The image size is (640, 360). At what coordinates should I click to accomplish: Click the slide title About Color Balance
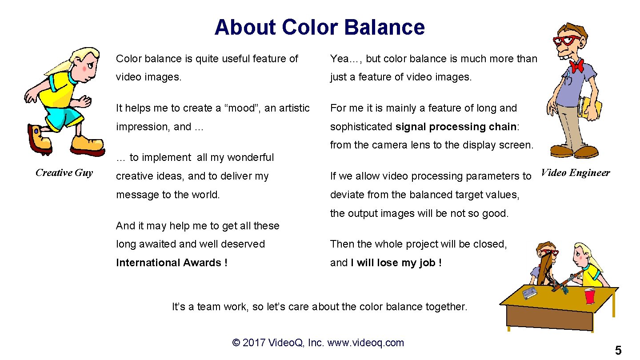click(320, 27)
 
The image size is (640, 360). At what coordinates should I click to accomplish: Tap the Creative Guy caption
click(64, 173)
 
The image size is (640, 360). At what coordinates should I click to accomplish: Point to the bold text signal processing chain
click(456, 127)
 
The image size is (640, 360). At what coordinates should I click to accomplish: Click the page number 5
click(618, 351)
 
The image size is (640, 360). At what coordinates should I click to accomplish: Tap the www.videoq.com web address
click(365, 343)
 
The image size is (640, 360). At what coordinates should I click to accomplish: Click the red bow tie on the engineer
click(577, 65)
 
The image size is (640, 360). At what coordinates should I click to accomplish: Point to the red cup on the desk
click(589, 296)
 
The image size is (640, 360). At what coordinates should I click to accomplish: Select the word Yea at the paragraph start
click(339, 59)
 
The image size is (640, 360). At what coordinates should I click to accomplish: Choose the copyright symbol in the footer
click(236, 343)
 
